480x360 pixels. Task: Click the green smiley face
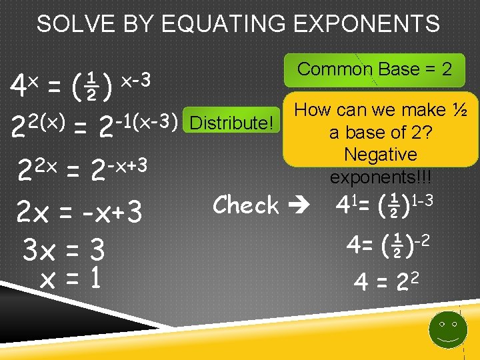(x=447, y=328)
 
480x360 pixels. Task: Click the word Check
(x=245, y=205)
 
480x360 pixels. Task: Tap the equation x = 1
(x=70, y=279)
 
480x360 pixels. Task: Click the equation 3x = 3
(x=64, y=251)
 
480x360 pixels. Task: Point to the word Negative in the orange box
(x=381, y=155)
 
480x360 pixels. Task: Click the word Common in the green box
(x=325, y=69)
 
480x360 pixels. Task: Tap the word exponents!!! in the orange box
(x=381, y=178)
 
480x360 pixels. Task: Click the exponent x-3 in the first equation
(x=136, y=80)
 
